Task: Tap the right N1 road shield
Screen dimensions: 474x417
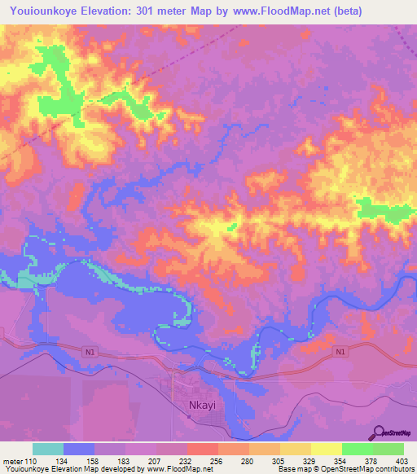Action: [x=340, y=352]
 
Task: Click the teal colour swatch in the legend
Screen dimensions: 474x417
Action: [x=47, y=449]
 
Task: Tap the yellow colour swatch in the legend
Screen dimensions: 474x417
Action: [x=326, y=449]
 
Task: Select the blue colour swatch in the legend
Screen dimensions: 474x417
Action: [x=78, y=449]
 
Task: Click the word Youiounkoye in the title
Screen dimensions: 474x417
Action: [x=46, y=11]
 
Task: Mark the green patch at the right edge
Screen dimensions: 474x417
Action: [x=383, y=210]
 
